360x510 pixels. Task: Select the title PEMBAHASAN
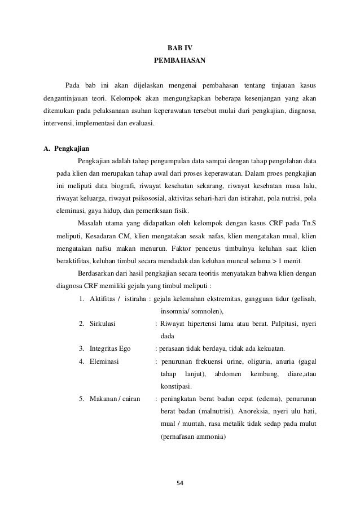click(x=179, y=60)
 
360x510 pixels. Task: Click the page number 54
click(x=179, y=483)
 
